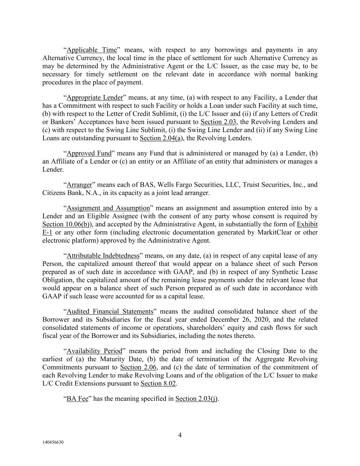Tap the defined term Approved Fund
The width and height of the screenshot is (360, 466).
click(89, 153)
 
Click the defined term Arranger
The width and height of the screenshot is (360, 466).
click(80, 185)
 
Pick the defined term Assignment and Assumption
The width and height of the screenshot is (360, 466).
click(108, 208)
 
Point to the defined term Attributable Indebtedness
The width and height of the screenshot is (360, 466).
click(103, 256)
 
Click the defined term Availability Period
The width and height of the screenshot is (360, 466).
click(94, 351)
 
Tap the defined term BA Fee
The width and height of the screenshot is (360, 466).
click(77, 398)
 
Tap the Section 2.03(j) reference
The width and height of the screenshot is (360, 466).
click(197, 398)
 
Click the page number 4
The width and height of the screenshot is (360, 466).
click(180, 435)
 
